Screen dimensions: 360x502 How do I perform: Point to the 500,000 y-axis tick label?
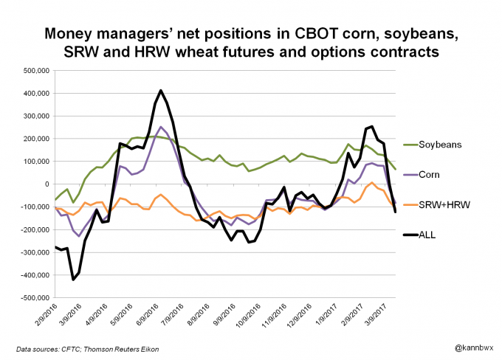pos(35,70)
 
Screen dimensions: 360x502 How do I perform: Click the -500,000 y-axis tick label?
pos(33,298)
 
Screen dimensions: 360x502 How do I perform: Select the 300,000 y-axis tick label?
pos(35,116)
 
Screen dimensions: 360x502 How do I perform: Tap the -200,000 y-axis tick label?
pos(33,229)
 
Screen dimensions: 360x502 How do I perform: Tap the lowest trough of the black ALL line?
pos(72,279)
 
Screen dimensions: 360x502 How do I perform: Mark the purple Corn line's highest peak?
pos(161,127)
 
